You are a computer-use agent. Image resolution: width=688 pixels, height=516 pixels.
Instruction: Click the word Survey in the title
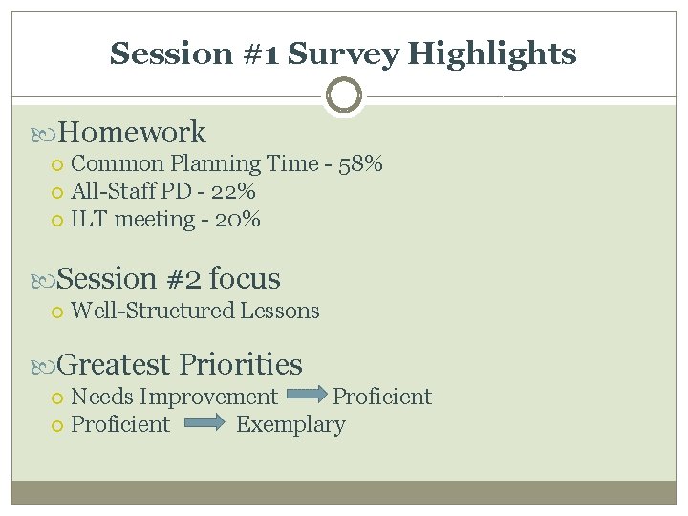coord(343,54)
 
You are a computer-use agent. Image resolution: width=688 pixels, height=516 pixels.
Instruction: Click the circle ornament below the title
coord(343,96)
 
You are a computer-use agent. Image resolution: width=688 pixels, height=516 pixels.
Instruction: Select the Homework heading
coord(132,132)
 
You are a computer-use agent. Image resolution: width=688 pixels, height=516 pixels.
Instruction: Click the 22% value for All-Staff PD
coord(233,191)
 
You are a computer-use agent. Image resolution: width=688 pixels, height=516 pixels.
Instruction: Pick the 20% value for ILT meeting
coord(237,219)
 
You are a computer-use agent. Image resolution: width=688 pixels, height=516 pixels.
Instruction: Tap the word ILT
coord(89,219)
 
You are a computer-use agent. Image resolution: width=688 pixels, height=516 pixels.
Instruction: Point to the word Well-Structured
coord(152,311)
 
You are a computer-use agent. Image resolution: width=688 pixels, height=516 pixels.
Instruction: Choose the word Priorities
coord(240,364)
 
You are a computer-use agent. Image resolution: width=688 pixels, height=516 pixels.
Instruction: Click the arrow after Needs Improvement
coord(305,395)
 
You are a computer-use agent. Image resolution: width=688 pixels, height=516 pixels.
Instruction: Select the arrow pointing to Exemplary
coord(204,423)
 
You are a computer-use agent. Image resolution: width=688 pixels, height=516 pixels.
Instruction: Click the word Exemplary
coord(290,424)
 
